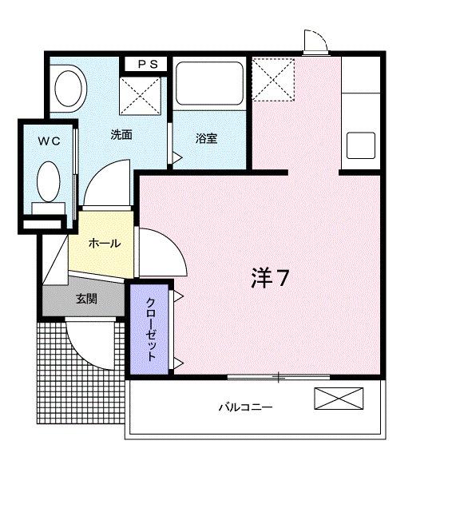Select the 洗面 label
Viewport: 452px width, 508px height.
pyautogui.click(x=121, y=135)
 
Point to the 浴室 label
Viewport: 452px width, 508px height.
pyautogui.click(x=206, y=138)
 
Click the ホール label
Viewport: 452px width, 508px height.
pyautogui.click(x=104, y=243)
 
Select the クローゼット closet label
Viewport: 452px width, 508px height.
pyautogui.click(x=150, y=327)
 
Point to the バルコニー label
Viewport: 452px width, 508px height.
pyautogui.click(x=246, y=407)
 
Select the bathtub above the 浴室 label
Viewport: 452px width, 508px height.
pyautogui.click(x=209, y=83)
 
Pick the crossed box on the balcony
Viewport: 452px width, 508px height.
pyautogui.click(x=338, y=399)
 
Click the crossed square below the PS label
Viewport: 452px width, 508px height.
pyautogui.click(x=141, y=96)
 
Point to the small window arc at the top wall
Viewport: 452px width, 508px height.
pyautogui.click(x=315, y=42)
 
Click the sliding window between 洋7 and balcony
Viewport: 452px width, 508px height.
pyautogui.click(x=279, y=375)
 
